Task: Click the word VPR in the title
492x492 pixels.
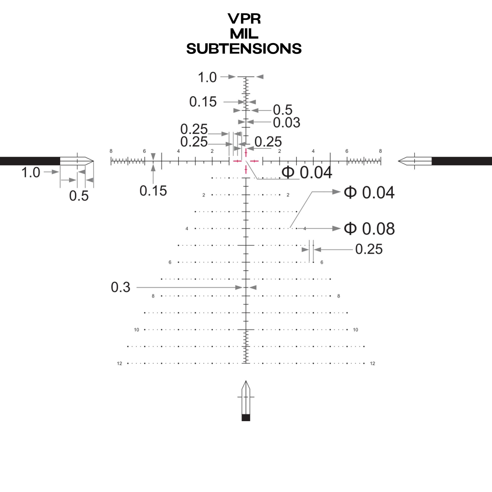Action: point(244,19)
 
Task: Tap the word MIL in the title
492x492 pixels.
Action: point(244,34)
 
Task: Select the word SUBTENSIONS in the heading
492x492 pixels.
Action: point(244,49)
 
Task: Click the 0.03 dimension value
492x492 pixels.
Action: point(287,123)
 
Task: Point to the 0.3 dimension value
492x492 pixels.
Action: point(121,287)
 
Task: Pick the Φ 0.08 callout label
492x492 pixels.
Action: point(369,229)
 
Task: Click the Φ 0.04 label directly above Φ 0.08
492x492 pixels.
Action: point(369,193)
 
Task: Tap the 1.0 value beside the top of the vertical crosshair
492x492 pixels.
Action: point(207,77)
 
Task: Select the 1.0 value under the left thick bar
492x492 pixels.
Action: point(31,173)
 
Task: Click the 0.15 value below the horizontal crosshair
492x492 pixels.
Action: point(153,191)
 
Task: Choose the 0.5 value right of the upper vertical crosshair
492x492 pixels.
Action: point(282,110)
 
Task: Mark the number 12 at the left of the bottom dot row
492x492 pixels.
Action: point(120,363)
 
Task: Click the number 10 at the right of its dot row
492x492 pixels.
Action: point(355,330)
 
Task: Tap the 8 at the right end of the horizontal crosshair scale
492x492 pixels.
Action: point(381,151)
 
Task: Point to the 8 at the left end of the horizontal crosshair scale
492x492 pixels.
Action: point(111,151)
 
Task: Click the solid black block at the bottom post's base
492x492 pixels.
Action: point(246,418)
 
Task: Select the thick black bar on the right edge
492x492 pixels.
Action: point(461,161)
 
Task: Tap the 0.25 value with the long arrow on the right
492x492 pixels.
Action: point(369,249)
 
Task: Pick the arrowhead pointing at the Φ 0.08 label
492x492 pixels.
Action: point(337,229)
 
